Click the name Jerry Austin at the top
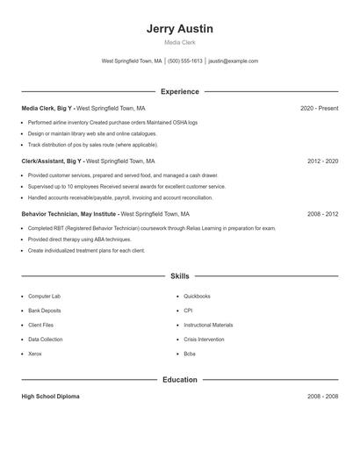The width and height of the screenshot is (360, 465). point(180,28)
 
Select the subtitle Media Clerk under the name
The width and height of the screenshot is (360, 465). point(180,42)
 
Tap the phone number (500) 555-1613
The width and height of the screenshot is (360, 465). point(184,61)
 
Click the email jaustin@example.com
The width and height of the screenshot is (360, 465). point(234,61)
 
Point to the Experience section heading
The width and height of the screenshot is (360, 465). point(180,91)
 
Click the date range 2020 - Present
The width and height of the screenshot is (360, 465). point(319,108)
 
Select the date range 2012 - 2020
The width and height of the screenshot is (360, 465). point(322,161)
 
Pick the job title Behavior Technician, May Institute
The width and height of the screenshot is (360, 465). point(69,214)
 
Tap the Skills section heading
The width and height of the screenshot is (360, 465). point(180,275)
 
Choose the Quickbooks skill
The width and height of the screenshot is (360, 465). point(197,297)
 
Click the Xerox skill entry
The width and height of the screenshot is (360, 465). point(35,354)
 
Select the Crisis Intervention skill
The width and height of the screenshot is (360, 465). point(205,340)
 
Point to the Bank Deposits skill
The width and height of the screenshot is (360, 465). point(45,311)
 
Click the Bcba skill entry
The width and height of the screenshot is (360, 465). point(190,354)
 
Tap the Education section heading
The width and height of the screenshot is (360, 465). point(180,380)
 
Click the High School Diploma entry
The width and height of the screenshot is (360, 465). point(50,397)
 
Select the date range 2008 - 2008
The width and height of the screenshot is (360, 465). point(322,397)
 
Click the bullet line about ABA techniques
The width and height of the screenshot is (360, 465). point(79,240)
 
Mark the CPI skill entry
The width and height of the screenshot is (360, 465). point(188,311)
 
